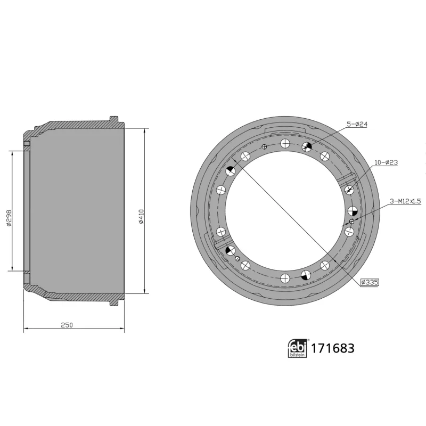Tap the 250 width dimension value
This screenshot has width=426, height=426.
(67, 324)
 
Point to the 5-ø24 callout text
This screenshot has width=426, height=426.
(357, 124)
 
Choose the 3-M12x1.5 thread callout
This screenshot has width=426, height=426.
(405, 201)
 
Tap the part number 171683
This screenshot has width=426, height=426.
(332, 349)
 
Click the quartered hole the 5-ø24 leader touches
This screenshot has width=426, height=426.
(306, 147)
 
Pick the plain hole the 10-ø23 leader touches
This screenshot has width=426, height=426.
(350, 190)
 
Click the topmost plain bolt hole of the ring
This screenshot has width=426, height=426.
(285, 143)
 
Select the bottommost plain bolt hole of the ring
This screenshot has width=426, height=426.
(285, 277)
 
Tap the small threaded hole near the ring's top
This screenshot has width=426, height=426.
(264, 147)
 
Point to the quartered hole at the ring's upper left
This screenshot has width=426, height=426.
(231, 171)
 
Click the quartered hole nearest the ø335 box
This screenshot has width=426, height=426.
(306, 274)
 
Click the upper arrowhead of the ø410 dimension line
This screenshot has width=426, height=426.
(145, 130)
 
